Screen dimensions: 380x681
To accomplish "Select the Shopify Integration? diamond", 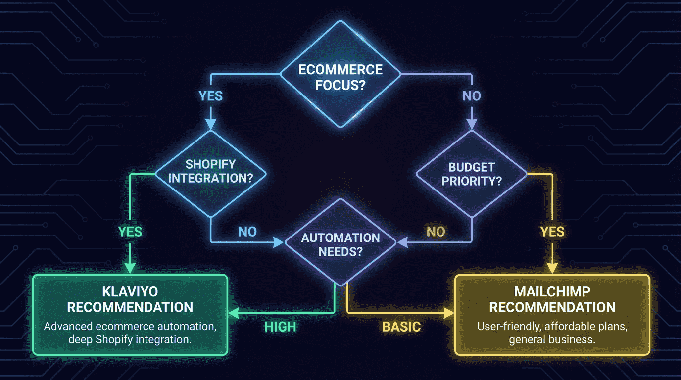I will tap(211, 171).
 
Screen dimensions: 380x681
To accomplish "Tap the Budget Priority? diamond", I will tap(471, 174).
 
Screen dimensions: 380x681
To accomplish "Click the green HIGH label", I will tap(280, 327).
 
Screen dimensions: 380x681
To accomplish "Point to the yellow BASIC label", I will tap(401, 327).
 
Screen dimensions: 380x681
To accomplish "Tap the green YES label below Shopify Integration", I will tap(130, 231).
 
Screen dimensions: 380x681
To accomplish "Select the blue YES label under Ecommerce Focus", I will tap(211, 95).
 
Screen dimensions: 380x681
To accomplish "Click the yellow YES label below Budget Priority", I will tap(552, 231).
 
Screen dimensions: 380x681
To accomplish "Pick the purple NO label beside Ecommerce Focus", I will tap(471, 95).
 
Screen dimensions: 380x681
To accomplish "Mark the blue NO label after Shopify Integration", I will tap(247, 231).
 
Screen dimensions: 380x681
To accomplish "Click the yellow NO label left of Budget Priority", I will tap(436, 231).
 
